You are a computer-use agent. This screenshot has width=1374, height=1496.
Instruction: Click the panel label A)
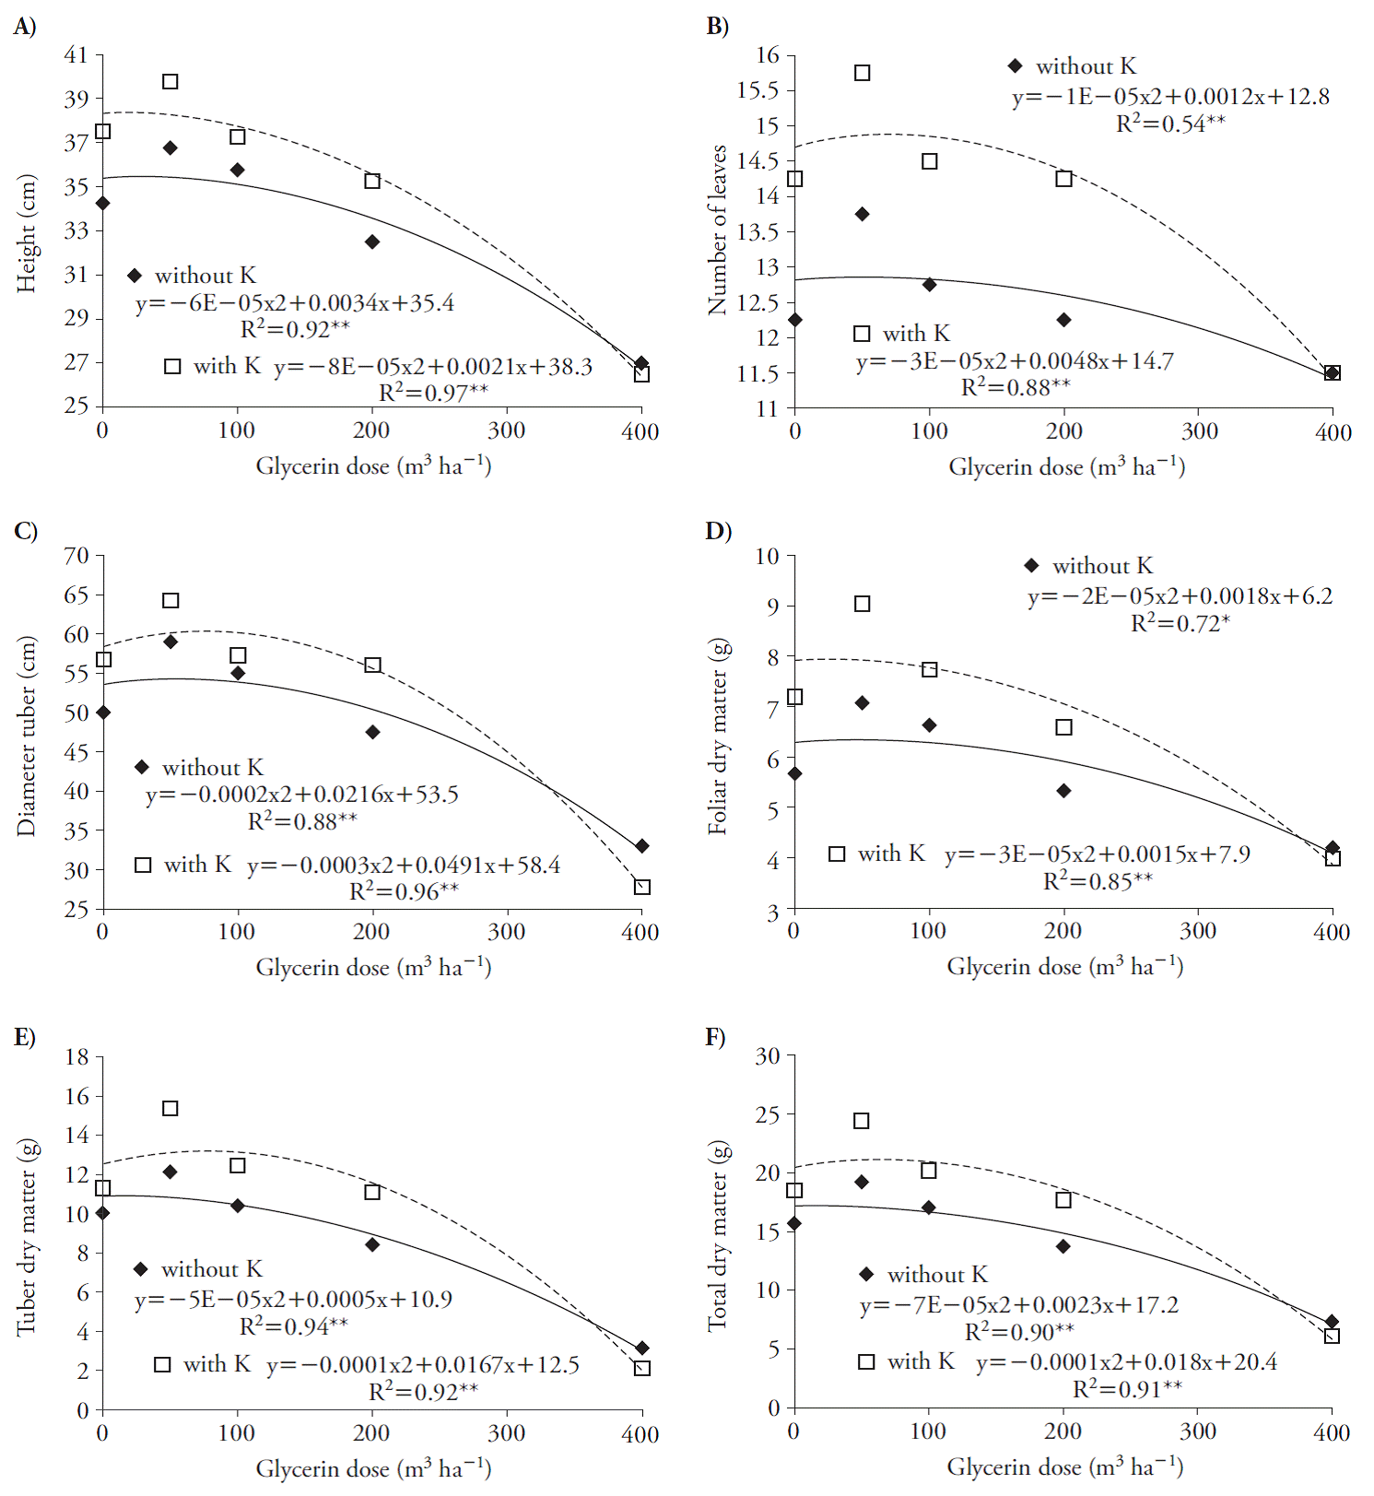point(25,27)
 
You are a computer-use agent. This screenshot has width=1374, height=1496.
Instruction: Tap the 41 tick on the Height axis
point(76,55)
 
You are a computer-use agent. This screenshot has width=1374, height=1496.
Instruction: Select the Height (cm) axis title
point(27,233)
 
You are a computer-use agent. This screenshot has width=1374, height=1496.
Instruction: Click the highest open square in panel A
point(170,82)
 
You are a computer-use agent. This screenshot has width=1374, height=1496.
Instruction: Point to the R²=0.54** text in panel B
point(1170,124)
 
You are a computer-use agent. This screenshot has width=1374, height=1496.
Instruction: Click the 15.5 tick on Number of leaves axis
point(757,90)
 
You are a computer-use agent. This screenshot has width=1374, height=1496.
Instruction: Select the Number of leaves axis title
point(717,230)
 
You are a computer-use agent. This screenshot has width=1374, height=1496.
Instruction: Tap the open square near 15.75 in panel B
point(862,73)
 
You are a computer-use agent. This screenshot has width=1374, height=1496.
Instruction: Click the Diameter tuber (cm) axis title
point(27,736)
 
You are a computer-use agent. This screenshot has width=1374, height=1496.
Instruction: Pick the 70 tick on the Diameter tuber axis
point(76,556)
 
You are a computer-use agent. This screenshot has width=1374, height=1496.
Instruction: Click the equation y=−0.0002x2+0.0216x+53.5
point(301,795)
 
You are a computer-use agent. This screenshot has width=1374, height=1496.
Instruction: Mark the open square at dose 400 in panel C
point(642,887)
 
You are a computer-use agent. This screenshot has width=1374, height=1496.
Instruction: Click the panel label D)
point(718,531)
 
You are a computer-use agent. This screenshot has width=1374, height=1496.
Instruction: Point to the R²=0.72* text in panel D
point(1180,623)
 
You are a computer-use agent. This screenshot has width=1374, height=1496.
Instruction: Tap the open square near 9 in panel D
point(862,604)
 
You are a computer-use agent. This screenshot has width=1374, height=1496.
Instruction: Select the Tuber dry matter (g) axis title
point(27,1236)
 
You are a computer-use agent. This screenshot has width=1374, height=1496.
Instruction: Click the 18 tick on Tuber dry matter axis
point(76,1056)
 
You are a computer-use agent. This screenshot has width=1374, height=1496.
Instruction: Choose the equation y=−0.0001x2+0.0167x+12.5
point(423,1364)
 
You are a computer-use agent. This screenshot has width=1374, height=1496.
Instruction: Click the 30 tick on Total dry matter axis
point(768,1056)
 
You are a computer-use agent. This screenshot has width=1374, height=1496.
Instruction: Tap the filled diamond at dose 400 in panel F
point(1332,1322)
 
